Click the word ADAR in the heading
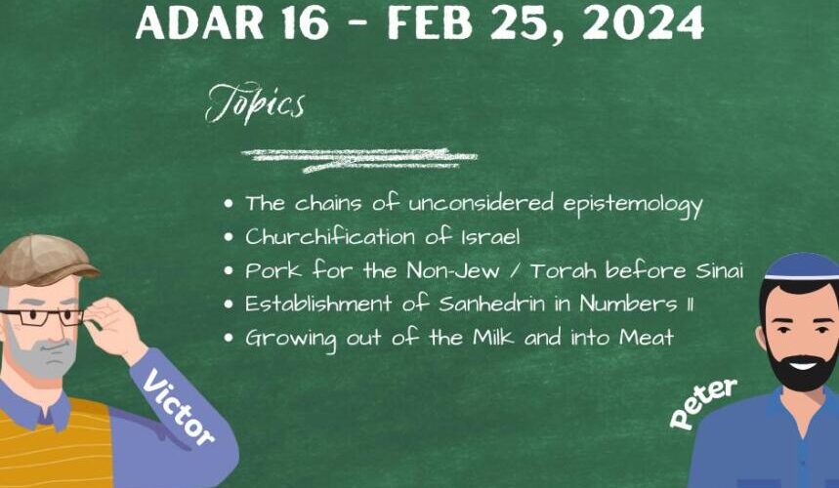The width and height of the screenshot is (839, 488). tap(199, 21)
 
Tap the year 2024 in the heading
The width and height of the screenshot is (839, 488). tap(642, 21)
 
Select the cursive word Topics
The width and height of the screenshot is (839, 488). tap(255, 102)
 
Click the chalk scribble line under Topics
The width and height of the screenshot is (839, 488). tap(359, 160)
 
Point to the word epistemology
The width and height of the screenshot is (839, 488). tap(633, 205)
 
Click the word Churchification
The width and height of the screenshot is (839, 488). tap(330, 236)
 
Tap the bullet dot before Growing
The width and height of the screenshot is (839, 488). tap(229, 338)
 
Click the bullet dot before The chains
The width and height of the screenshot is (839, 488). tap(229, 204)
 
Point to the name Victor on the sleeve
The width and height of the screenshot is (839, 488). tap(178, 406)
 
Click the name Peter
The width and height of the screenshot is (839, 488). tap(703, 402)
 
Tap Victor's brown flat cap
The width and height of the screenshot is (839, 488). tap(46, 261)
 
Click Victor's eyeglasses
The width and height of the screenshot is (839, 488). tap(43, 317)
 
